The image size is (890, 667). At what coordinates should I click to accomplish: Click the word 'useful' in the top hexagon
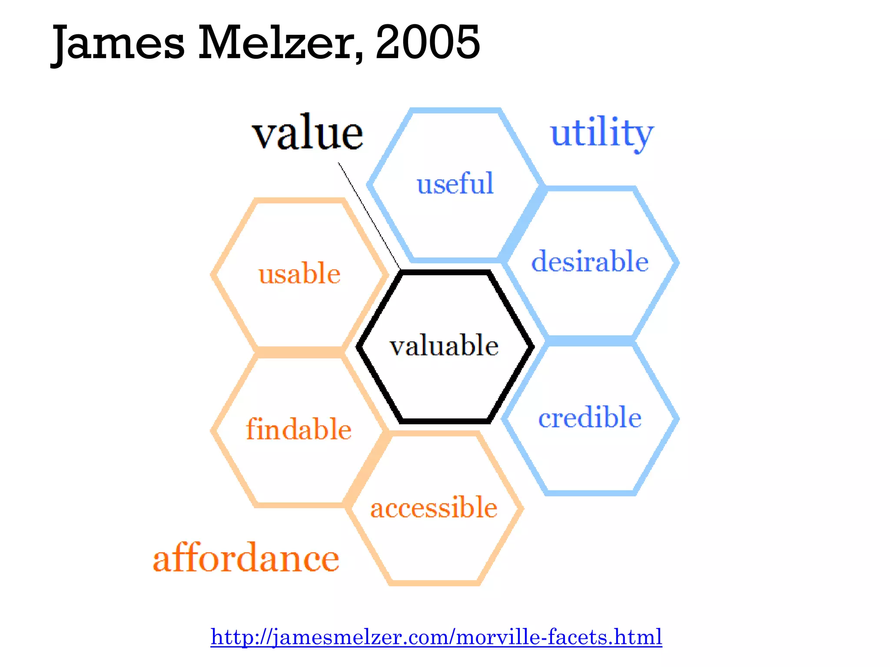click(x=455, y=183)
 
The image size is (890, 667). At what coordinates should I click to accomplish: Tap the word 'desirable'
click(x=590, y=261)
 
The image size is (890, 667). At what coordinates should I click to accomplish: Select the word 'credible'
click(x=590, y=417)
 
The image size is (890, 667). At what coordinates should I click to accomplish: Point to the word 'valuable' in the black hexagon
click(x=444, y=346)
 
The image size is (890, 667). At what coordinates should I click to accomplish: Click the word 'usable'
click(x=299, y=274)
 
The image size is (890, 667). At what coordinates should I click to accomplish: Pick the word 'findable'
click(x=299, y=429)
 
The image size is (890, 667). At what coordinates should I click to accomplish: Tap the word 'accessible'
click(x=434, y=507)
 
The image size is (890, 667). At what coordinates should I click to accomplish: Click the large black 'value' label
click(x=307, y=132)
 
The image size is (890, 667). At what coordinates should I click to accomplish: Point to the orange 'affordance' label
click(x=246, y=558)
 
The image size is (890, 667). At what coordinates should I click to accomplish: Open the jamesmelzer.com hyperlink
click(x=436, y=637)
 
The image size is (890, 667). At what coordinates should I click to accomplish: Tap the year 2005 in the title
click(x=428, y=42)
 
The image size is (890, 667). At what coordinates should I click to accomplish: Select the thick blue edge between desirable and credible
click(x=590, y=340)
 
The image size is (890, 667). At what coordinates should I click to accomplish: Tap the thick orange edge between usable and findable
click(x=300, y=352)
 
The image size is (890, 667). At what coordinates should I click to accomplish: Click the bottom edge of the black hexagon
click(x=445, y=421)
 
